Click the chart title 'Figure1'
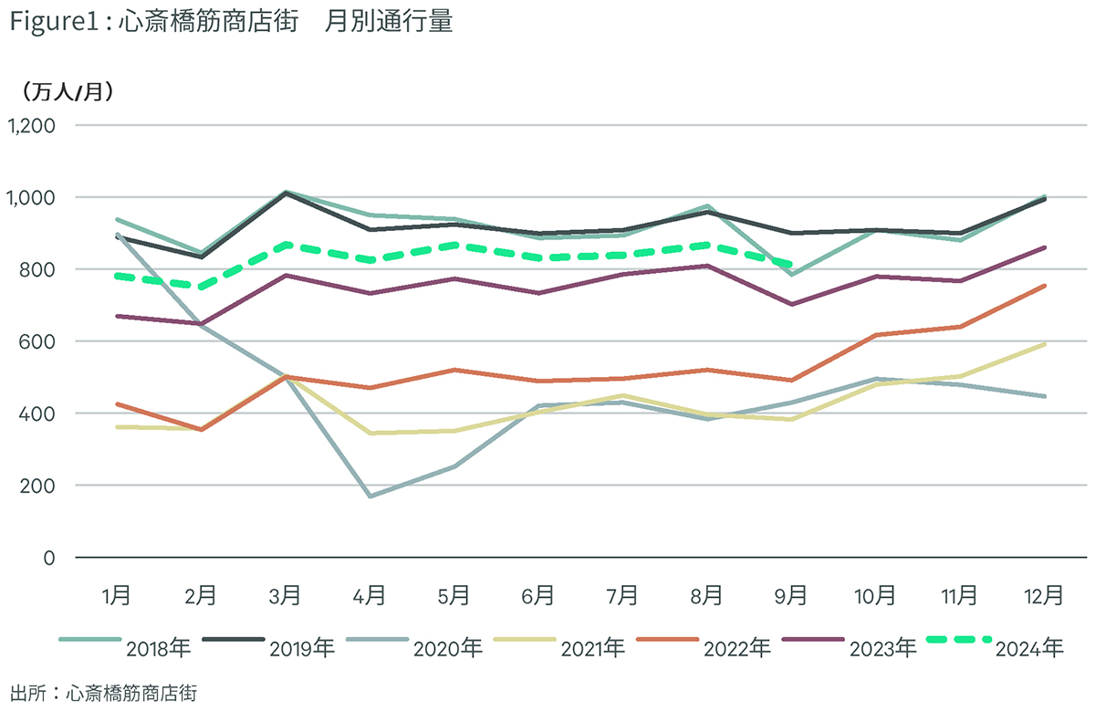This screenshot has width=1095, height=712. click(x=55, y=23)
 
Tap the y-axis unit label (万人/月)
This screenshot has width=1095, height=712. click(x=68, y=91)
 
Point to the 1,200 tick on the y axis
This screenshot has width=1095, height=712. click(x=31, y=126)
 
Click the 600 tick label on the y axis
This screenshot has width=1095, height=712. click(x=36, y=341)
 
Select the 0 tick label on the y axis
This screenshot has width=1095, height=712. click(x=49, y=558)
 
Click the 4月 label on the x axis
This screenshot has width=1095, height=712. click(x=369, y=595)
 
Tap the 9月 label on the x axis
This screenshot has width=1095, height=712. click(x=790, y=595)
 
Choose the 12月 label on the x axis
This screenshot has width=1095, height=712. click(x=1044, y=595)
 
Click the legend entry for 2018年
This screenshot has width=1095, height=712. click(x=125, y=646)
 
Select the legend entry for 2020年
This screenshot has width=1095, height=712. click(x=414, y=646)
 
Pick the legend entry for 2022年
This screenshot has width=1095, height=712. click(x=704, y=646)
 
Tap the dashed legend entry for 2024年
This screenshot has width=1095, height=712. click(x=995, y=646)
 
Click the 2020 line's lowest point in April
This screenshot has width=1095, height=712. click(x=370, y=497)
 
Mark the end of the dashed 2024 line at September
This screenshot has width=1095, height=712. click(x=790, y=266)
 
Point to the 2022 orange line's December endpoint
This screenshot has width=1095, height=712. click(x=1045, y=286)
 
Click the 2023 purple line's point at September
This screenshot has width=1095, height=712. click(x=791, y=304)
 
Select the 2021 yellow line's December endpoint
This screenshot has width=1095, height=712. click(x=1045, y=344)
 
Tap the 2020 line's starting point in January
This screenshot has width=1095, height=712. click(x=118, y=235)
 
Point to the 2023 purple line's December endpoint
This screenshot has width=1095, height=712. click(x=1045, y=248)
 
